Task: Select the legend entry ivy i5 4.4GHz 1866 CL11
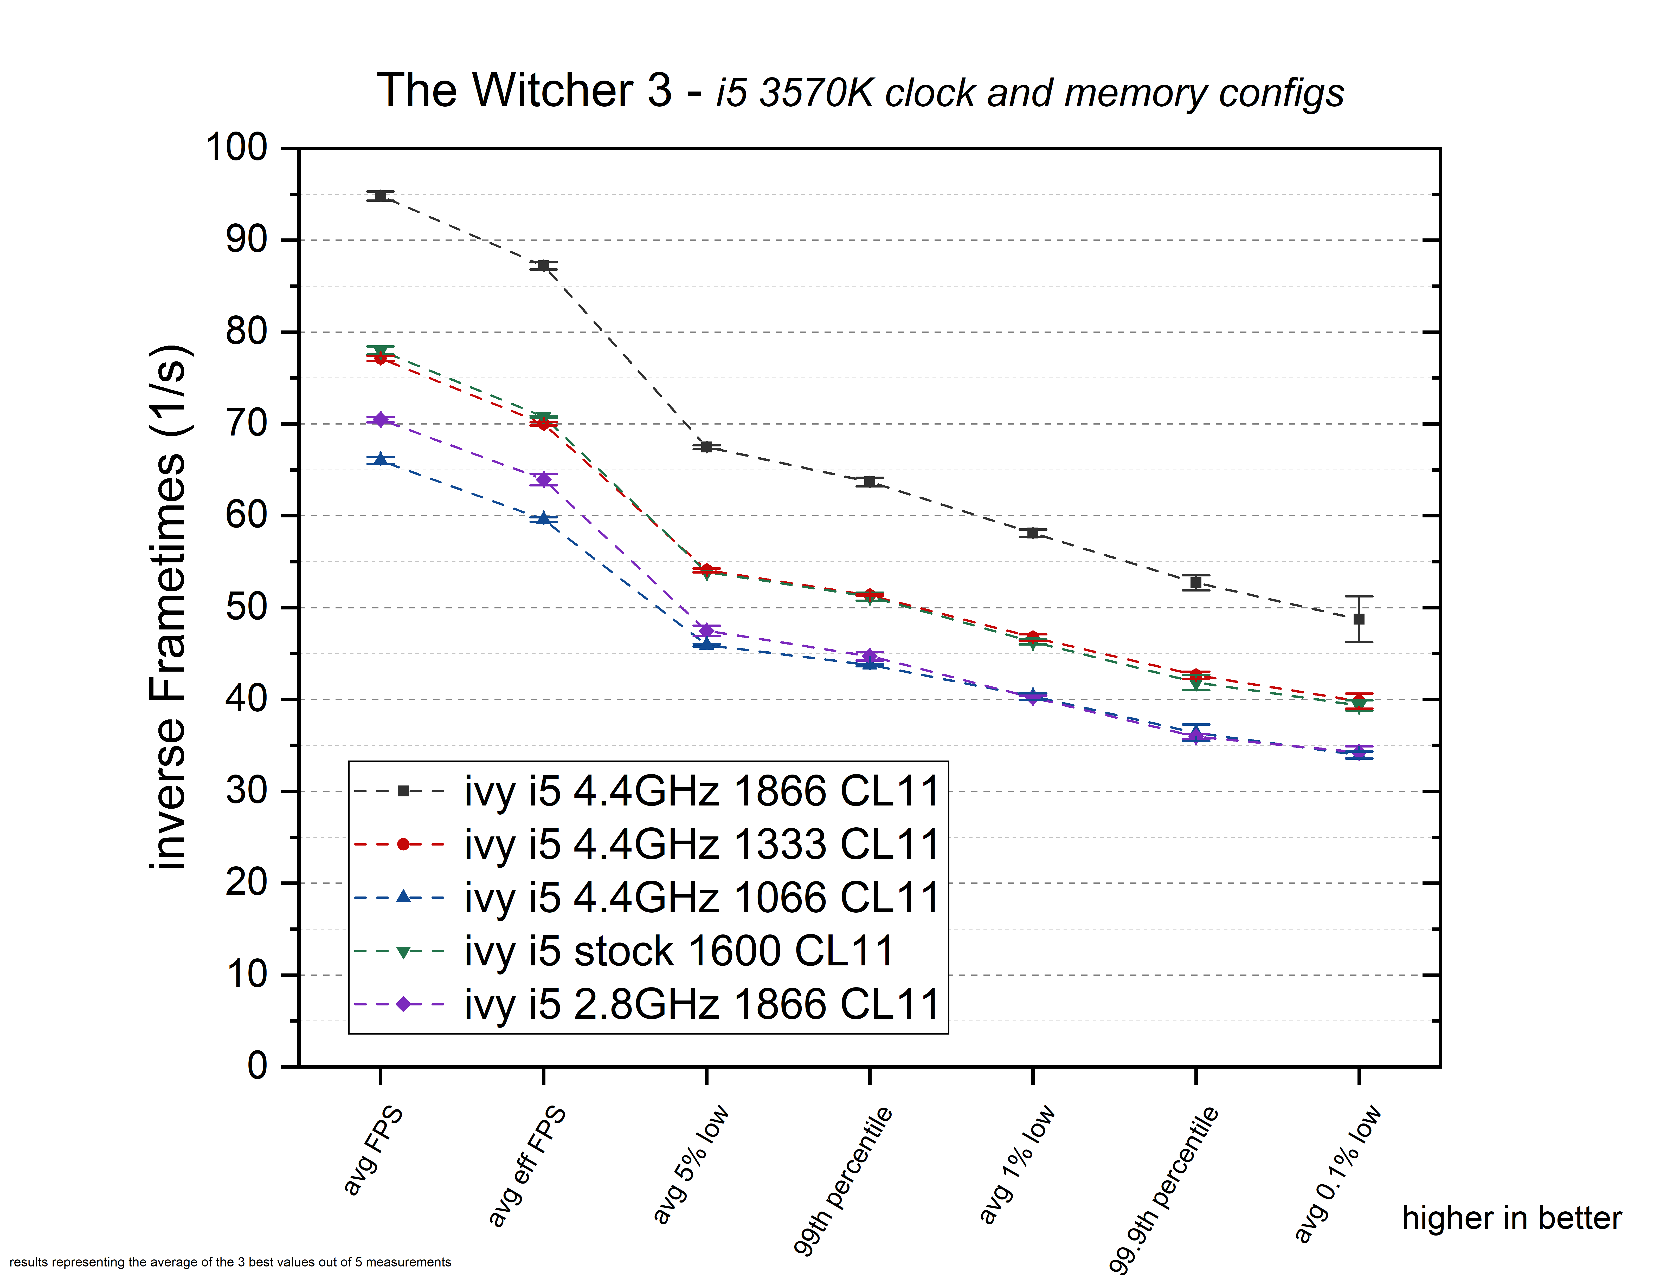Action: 701,791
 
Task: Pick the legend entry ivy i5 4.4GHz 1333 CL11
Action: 701,844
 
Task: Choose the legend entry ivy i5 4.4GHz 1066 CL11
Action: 701,898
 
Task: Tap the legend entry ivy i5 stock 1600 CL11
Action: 678,951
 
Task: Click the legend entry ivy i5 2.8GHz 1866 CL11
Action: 701,1004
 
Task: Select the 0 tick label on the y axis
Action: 258,1066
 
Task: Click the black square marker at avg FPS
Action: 380,196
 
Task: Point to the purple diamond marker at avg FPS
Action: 380,419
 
